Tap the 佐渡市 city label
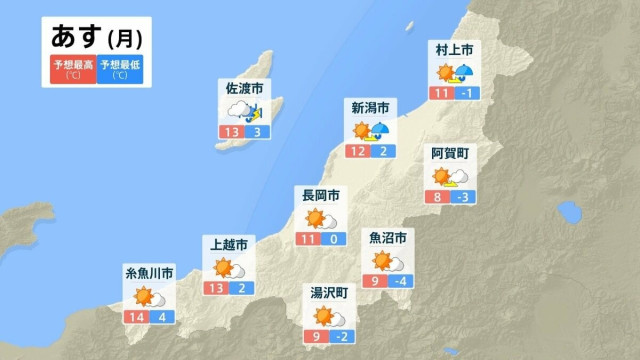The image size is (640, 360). pyautogui.click(x=245, y=89)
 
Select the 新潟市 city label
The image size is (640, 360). pyautogui.click(x=370, y=106)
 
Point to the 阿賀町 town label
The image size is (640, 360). pyautogui.click(x=450, y=153)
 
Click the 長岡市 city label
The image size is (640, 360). pyautogui.click(x=321, y=194)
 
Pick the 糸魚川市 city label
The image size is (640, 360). pyautogui.click(x=150, y=273)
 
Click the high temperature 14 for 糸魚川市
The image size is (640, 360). pyautogui.click(x=137, y=317)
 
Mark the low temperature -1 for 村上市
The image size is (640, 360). pyautogui.click(x=467, y=93)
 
